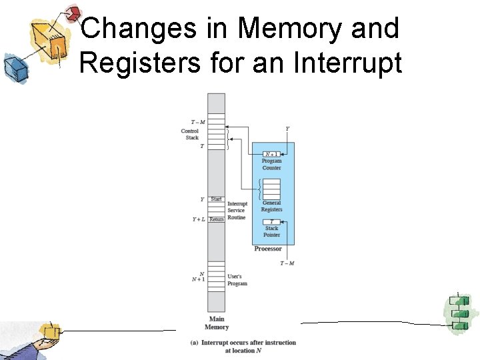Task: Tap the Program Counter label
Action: (271, 164)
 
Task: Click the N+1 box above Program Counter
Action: (271, 154)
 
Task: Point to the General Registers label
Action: (271, 206)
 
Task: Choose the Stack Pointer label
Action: (271, 231)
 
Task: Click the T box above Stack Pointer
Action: (271, 221)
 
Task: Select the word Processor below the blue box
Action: (268, 249)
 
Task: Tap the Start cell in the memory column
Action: (216, 199)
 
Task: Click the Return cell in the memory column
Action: (216, 219)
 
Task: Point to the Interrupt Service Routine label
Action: (237, 211)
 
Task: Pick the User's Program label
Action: (237, 279)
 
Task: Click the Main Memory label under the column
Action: (216, 323)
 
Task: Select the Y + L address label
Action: (198, 219)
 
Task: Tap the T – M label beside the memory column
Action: (197, 121)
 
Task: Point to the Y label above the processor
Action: (287, 128)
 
